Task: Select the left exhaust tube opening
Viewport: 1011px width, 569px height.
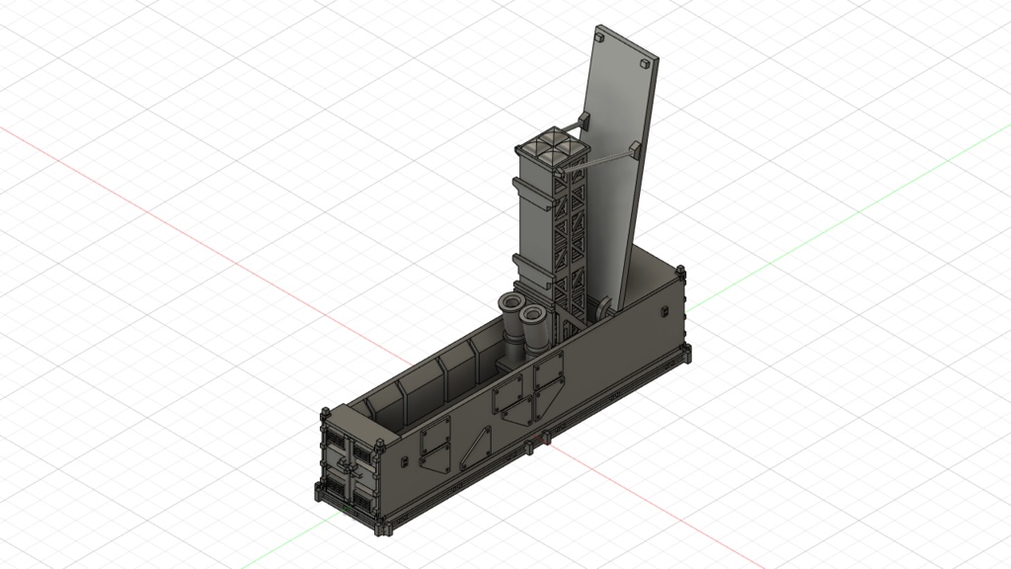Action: (511, 301)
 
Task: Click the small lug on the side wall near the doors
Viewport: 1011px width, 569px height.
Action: (405, 462)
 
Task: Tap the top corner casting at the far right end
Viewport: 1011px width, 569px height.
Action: (680, 271)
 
